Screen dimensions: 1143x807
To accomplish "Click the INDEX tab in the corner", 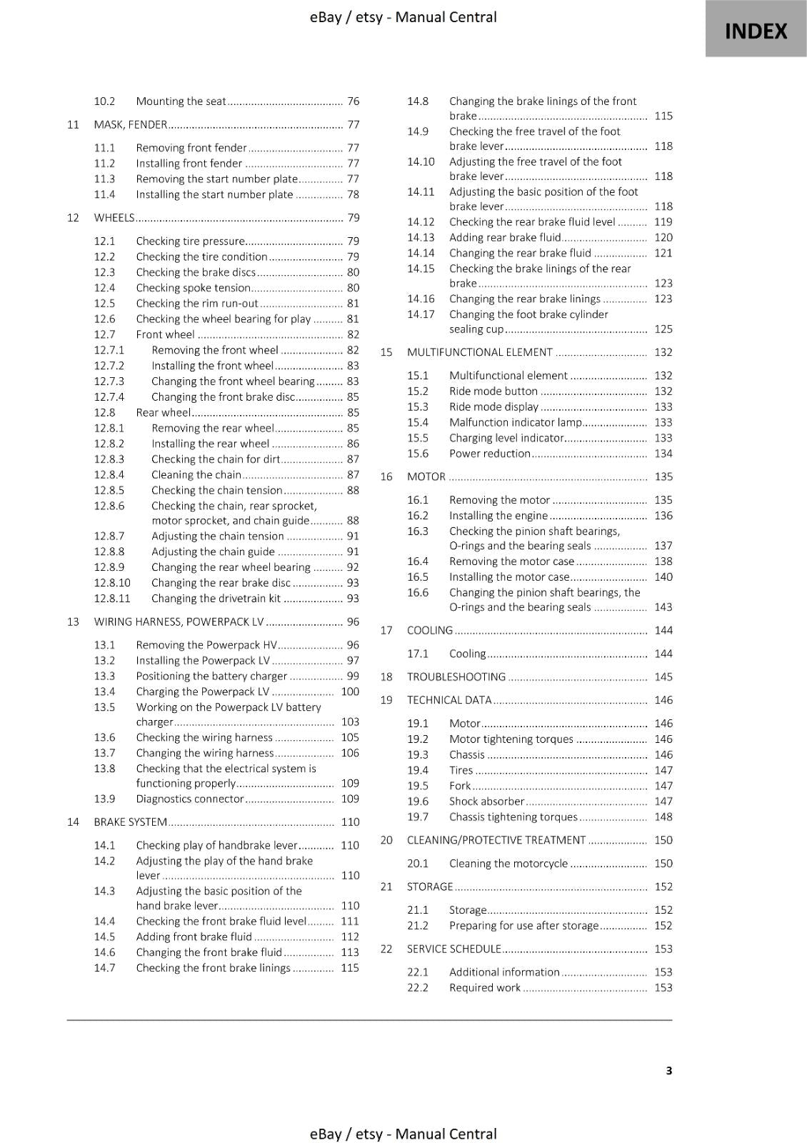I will click(x=756, y=30).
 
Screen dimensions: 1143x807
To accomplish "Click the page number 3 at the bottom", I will click(x=668, y=1070).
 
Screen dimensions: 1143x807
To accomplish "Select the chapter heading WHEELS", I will click(x=114, y=218).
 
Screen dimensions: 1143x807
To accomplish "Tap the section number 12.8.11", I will click(x=112, y=599).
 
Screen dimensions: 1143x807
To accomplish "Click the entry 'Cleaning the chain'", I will click(x=196, y=475).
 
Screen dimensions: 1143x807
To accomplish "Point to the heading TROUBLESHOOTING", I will click(x=456, y=677).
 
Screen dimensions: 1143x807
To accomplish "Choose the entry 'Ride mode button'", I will click(x=493, y=391).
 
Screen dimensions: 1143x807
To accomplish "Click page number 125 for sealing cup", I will click(x=663, y=329).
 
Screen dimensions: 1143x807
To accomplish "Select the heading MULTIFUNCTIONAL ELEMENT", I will click(x=479, y=352).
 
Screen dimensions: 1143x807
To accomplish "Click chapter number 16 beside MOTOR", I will click(x=386, y=476).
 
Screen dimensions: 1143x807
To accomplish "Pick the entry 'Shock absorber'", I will click(x=486, y=802).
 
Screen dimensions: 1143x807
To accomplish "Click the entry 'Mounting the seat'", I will click(x=181, y=101).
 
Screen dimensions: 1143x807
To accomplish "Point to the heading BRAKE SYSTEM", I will click(x=130, y=822).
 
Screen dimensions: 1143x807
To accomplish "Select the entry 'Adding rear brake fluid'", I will click(x=504, y=238).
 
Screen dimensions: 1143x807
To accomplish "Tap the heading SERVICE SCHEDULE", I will click(x=453, y=949).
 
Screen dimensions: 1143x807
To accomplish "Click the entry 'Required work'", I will click(x=484, y=988).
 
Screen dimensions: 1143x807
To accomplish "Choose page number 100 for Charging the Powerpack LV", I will click(x=350, y=692).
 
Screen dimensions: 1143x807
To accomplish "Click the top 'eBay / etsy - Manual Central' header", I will click(x=403, y=17).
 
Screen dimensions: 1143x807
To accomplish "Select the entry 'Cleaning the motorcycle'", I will click(x=508, y=864).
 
